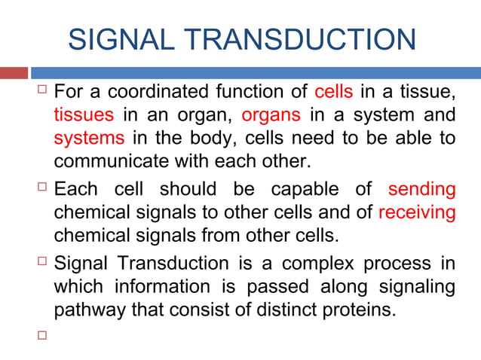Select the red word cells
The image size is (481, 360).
332,93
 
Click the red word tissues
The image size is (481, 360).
84,116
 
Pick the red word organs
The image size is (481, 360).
271,116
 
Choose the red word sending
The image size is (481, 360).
421,188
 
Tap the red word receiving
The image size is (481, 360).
416,212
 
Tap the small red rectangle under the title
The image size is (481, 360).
14,73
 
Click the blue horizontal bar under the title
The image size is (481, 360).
256,73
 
